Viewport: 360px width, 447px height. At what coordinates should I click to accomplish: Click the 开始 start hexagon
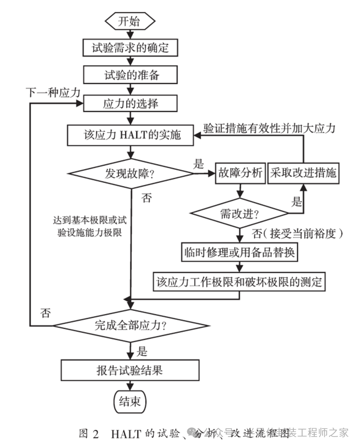pos(130,21)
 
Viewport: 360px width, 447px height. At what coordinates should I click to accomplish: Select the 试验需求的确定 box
pos(130,48)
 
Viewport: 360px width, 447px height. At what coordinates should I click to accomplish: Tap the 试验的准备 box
pos(130,76)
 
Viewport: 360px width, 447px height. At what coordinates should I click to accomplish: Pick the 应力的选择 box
pos(130,103)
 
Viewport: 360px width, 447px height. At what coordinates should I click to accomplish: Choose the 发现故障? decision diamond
pos(131,174)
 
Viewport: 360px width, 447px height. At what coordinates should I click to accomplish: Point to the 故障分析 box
pos(240,173)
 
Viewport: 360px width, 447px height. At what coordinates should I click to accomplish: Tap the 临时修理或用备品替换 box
pos(239,252)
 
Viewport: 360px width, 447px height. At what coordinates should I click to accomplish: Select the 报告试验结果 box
pos(130,370)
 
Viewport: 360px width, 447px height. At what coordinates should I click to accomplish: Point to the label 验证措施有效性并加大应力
pos(269,128)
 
